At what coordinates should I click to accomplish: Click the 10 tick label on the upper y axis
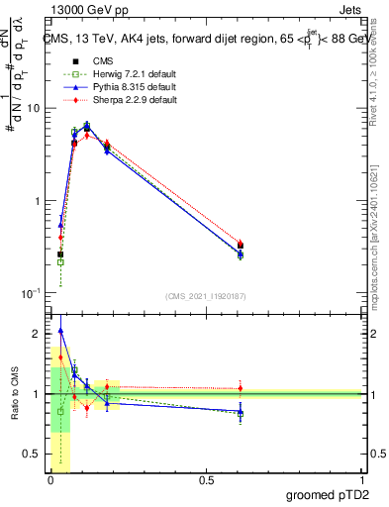pyautogui.click(x=35, y=108)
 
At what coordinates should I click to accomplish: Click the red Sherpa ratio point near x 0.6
pyautogui.click(x=241, y=388)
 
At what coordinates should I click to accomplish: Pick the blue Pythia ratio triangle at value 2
pyautogui.click(x=60, y=331)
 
